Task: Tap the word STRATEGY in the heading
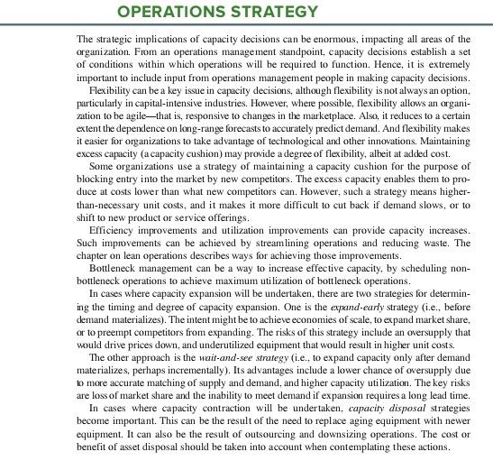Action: [276, 12]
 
